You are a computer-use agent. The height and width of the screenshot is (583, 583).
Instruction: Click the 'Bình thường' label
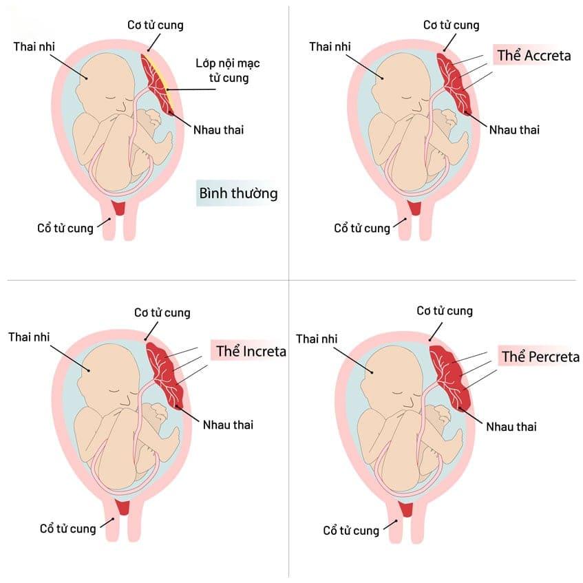tap(238, 193)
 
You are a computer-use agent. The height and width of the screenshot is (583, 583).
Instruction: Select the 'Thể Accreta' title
tap(533, 56)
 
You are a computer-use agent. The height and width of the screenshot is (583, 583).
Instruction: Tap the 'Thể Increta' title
tap(251, 351)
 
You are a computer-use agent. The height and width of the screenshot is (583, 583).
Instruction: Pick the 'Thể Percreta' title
tap(540, 357)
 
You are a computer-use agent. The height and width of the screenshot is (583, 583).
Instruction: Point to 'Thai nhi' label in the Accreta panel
tap(329, 46)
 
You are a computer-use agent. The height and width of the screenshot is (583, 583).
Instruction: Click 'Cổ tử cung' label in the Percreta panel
tap(351, 530)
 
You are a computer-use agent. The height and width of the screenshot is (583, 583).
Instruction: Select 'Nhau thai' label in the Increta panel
tap(228, 425)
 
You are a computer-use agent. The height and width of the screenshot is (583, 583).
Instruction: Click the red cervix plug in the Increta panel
tap(124, 507)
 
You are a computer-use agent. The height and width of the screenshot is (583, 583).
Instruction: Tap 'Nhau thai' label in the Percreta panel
tap(511, 427)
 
